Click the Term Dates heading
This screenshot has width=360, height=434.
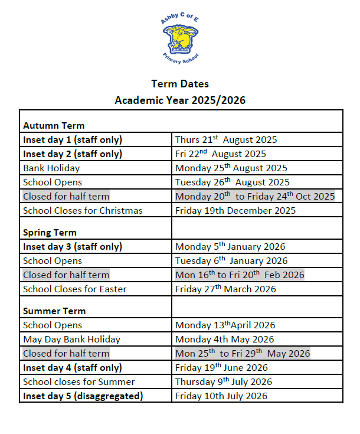coord(180,84)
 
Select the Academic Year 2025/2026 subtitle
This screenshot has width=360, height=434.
coord(180,100)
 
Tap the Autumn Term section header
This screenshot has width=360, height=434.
coord(54,125)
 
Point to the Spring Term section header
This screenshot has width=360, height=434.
coord(50,232)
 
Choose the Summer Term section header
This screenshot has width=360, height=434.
coord(54,311)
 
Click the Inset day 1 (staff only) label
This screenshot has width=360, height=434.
coord(73,140)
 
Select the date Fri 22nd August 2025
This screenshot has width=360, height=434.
coord(221,154)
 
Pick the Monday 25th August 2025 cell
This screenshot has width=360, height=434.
coord(231,168)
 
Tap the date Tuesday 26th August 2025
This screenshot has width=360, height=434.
coord(233,182)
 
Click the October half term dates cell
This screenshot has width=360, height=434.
coord(255,196)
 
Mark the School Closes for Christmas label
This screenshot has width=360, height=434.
coord(83,210)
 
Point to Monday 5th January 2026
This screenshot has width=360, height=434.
coord(230,247)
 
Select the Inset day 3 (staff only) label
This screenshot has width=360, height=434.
coord(73,247)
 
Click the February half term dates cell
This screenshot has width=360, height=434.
coord(240,275)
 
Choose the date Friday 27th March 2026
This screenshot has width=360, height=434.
coord(225,289)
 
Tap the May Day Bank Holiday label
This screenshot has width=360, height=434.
coord(71,339)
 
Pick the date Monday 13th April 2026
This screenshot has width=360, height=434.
coord(225,325)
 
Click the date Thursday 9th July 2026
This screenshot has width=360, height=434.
coord(224,381)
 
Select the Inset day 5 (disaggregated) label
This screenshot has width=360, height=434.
coord(83,396)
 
